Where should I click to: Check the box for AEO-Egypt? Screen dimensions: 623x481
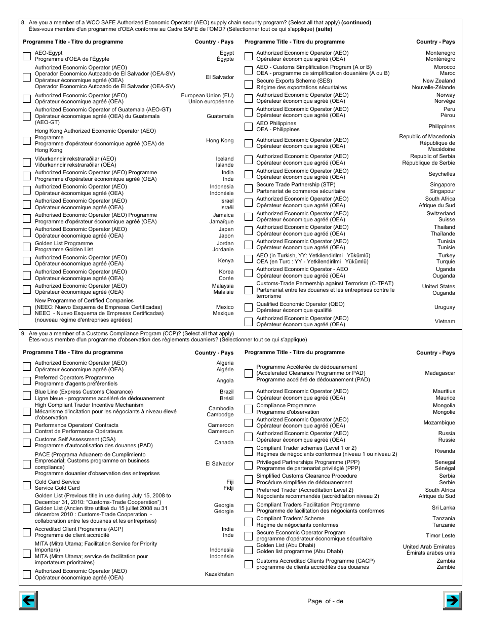click(x=27, y=56)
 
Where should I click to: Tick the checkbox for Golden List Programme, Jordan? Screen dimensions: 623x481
click(x=27, y=247)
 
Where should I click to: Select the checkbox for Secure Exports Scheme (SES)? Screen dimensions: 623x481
click(x=249, y=84)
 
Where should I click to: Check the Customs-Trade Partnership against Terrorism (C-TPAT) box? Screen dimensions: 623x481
click(x=249, y=290)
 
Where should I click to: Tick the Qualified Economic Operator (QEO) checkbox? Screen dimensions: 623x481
click(x=249, y=307)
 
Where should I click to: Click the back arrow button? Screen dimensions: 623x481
click(x=28, y=601)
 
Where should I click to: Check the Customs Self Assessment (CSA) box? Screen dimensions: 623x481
click(x=27, y=443)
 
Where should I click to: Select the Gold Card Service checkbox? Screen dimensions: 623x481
click(x=27, y=485)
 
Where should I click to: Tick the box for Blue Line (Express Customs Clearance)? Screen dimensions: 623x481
click(x=27, y=395)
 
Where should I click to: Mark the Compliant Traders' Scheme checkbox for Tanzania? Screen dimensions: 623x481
click(x=249, y=522)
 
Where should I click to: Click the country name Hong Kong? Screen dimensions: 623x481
click(x=220, y=140)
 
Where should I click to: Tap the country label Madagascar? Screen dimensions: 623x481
click(x=439, y=373)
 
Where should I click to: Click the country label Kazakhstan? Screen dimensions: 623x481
click(x=219, y=574)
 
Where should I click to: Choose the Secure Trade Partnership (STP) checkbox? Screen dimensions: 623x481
click(x=249, y=188)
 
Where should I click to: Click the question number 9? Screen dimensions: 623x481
click(x=23, y=334)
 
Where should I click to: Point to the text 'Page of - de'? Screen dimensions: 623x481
click(x=325, y=601)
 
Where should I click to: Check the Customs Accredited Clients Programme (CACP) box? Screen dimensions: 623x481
click(x=249, y=564)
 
